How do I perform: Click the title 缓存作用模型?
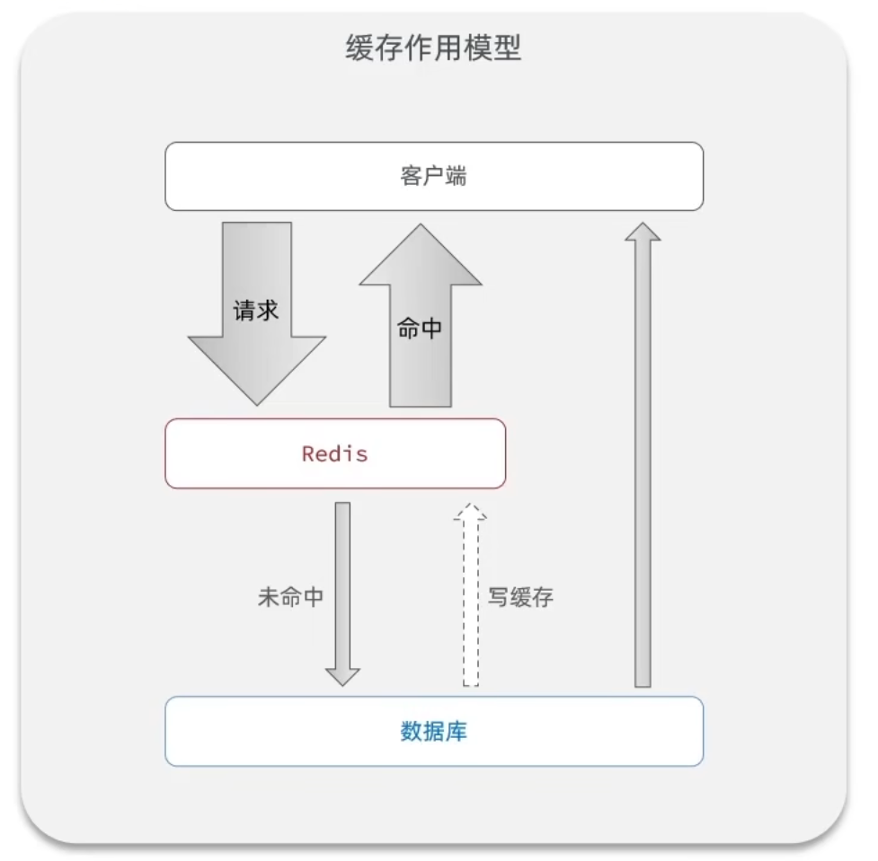tap(433, 48)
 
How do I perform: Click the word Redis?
tap(335, 453)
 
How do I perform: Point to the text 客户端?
tap(433, 176)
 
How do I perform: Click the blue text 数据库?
tap(433, 731)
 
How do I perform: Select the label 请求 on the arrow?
tap(256, 311)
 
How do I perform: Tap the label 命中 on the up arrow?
tap(420, 329)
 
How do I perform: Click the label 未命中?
tap(290, 598)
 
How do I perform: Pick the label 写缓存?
tap(520, 598)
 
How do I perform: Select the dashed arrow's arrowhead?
tap(470, 513)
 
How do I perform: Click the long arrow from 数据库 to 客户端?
tap(643, 467)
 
